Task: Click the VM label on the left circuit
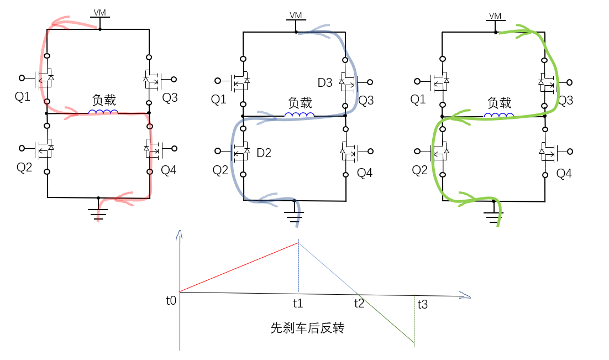pos(100,12)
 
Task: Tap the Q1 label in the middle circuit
pos(219,100)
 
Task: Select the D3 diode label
pos(325,82)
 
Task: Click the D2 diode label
pos(264,153)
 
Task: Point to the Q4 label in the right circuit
pos(564,174)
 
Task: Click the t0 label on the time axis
pos(171,300)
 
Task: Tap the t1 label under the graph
pos(298,303)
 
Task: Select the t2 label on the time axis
pos(359,303)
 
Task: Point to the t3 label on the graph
pos(423,304)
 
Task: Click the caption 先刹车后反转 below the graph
pos(308,328)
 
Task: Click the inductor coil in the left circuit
pos(103,112)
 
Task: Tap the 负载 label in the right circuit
pos(500,103)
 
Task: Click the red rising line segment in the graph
pos(239,267)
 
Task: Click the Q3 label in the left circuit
pos(170,97)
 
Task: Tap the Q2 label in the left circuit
pos(24,167)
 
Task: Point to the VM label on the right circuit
pos(495,15)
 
